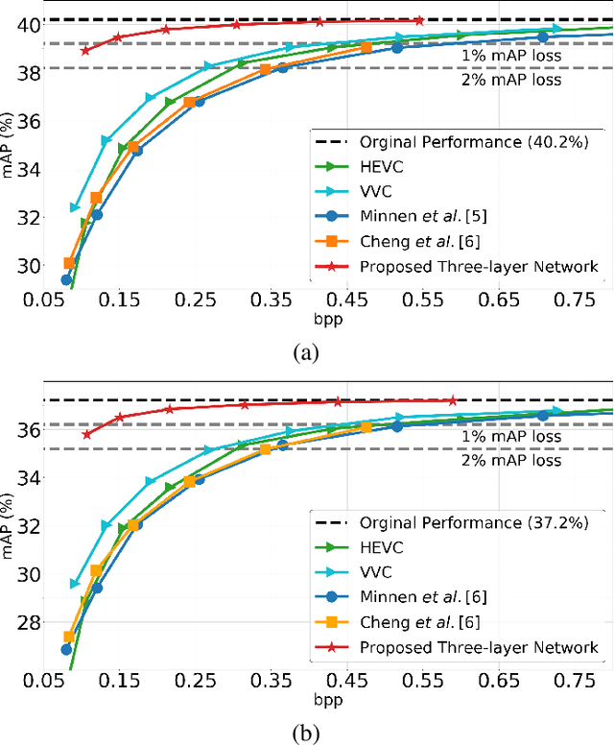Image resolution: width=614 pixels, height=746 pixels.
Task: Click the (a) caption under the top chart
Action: click(x=306, y=352)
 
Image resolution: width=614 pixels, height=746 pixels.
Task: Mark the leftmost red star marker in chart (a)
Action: click(x=85, y=50)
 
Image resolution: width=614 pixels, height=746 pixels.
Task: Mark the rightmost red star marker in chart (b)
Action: click(x=453, y=400)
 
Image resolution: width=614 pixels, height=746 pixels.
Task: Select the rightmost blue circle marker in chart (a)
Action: click(x=543, y=36)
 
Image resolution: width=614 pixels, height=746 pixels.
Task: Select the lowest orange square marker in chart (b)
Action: click(x=69, y=637)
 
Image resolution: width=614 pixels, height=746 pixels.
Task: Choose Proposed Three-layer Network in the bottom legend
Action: click(x=478, y=648)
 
